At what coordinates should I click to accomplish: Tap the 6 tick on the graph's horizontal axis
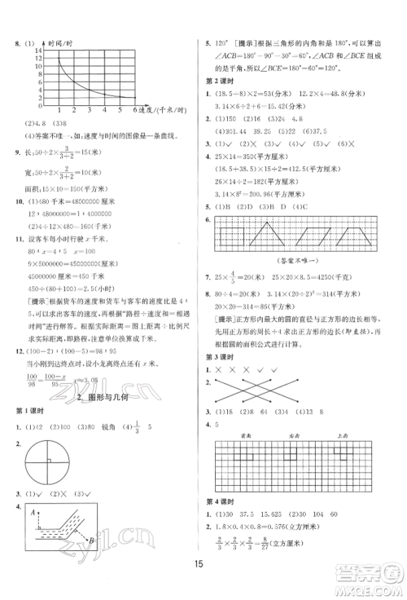point(134,108)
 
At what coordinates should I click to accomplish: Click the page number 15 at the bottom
point(203,582)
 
